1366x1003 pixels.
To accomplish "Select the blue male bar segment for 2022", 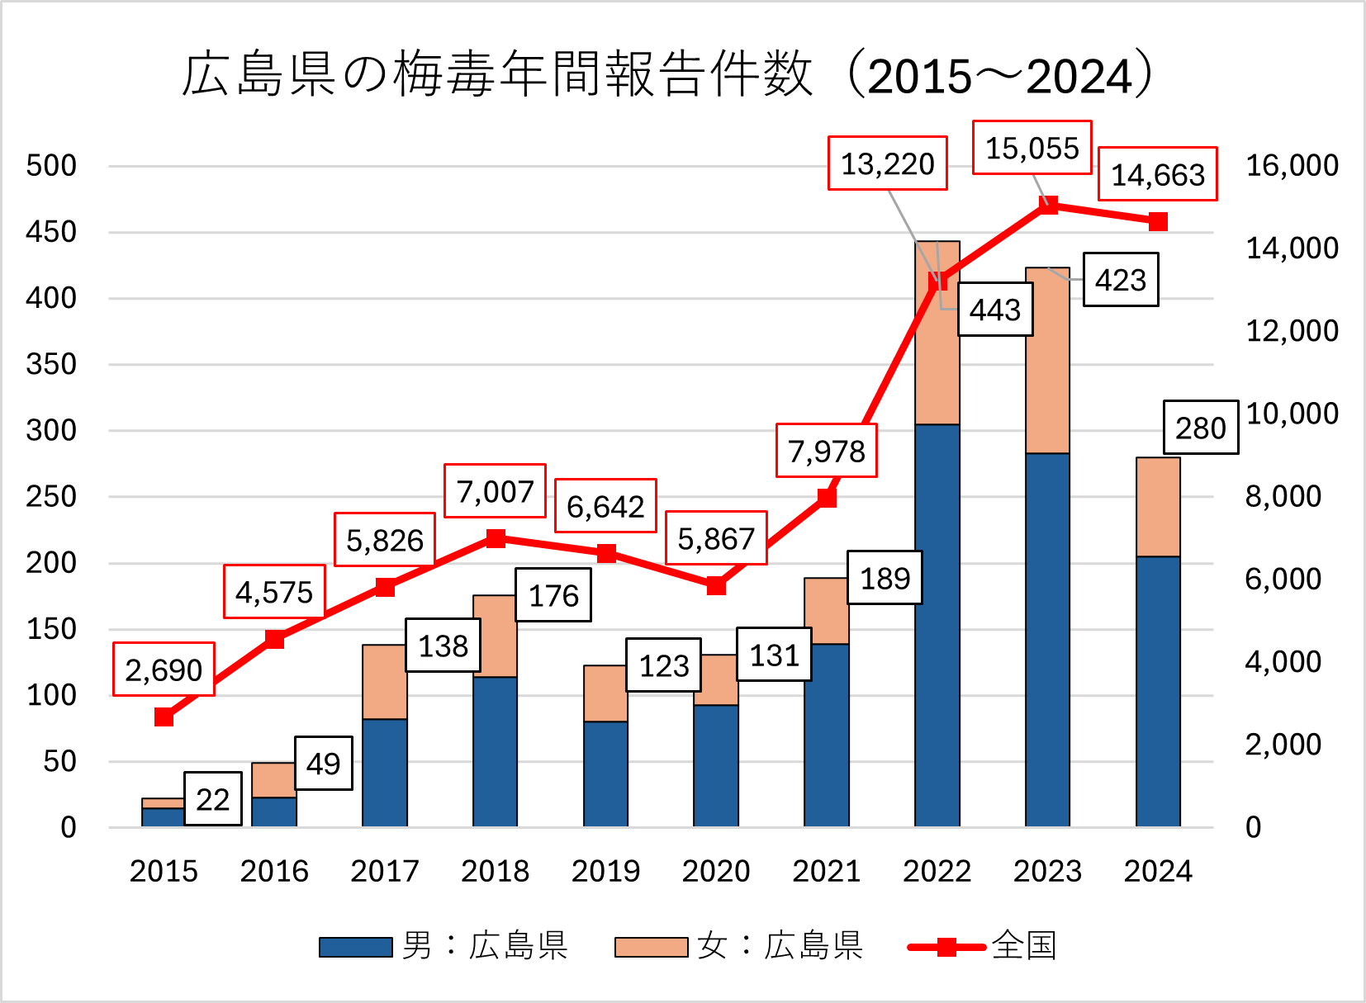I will click(x=937, y=625).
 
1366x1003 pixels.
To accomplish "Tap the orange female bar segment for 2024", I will click(x=1157, y=507).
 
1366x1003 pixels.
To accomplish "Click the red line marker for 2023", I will click(x=1047, y=206).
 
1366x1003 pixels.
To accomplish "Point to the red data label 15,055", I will click(x=1032, y=149).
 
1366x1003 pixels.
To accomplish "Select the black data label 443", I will click(x=994, y=310).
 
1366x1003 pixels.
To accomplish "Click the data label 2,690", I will click(x=164, y=669).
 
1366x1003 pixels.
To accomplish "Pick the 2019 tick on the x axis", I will click(x=605, y=871).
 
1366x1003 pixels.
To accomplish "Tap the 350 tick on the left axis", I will click(x=51, y=364).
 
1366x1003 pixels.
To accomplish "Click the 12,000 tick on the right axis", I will click(x=1291, y=331).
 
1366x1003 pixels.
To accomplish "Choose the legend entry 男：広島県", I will click(x=443, y=946).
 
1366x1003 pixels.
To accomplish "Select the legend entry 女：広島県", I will click(x=738, y=946).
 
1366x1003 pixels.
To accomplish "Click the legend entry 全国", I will click(x=982, y=946).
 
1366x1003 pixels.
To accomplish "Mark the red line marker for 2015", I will click(x=164, y=717).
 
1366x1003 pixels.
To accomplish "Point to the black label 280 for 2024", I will click(x=1200, y=428).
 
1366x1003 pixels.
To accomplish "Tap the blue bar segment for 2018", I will click(x=495, y=751).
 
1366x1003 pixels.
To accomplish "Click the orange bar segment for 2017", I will click(x=384, y=682).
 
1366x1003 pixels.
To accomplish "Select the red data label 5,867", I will click(x=716, y=538).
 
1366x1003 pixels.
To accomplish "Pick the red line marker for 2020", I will click(x=716, y=586).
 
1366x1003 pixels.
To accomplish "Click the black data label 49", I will click(x=323, y=764).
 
